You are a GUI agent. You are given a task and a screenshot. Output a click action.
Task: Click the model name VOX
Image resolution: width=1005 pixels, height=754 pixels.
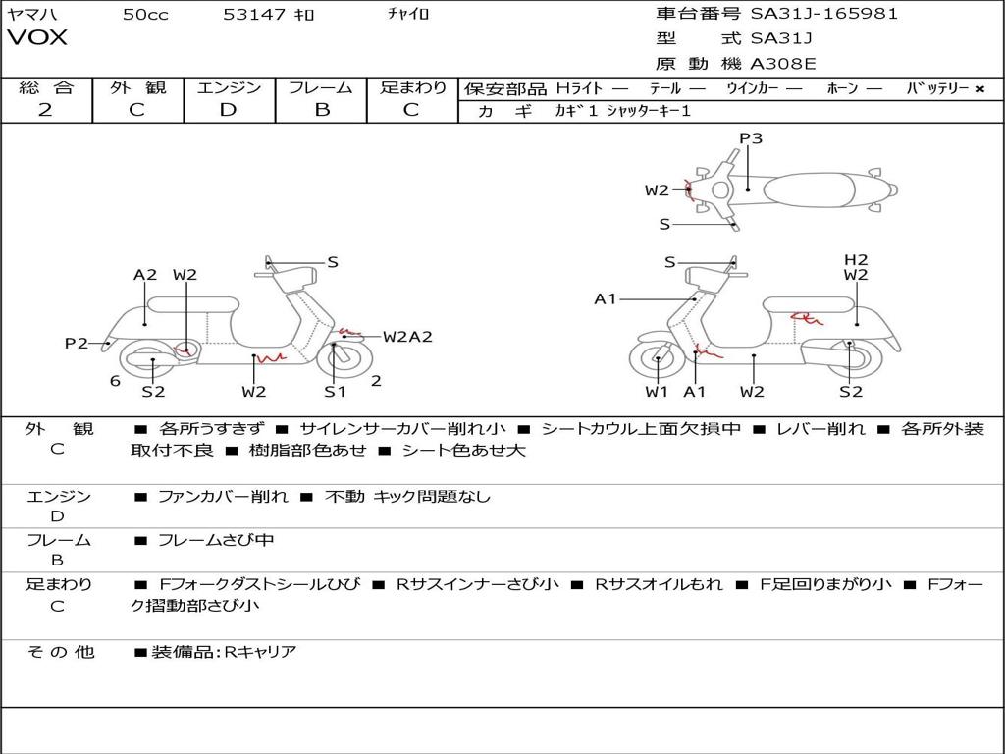(x=37, y=38)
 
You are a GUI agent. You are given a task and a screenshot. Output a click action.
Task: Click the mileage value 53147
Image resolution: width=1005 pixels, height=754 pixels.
(x=254, y=14)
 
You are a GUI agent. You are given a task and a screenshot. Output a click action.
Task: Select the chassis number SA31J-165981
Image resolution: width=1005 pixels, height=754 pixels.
(x=824, y=14)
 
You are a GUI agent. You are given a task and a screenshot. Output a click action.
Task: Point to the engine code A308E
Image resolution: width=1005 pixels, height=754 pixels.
(x=782, y=65)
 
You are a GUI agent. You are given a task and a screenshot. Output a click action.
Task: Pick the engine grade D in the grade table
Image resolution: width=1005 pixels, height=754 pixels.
(x=228, y=110)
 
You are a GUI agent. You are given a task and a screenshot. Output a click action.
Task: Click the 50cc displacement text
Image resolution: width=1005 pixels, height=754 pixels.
(x=145, y=14)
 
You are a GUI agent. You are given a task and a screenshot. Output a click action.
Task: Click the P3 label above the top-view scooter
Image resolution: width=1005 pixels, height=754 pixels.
(x=751, y=138)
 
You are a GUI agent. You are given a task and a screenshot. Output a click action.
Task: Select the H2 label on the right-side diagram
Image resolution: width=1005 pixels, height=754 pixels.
(x=856, y=260)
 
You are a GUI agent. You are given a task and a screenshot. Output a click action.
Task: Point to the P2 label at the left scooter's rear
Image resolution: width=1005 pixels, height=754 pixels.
(x=77, y=343)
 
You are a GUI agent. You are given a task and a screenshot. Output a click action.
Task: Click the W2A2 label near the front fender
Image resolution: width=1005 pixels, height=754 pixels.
(x=407, y=337)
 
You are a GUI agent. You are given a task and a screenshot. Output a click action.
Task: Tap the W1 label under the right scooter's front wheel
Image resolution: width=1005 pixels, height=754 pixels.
(x=657, y=392)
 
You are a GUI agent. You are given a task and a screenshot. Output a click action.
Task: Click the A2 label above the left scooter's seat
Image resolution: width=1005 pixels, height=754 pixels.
(x=145, y=275)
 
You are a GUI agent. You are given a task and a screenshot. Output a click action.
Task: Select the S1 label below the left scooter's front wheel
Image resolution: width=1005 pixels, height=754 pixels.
(x=336, y=392)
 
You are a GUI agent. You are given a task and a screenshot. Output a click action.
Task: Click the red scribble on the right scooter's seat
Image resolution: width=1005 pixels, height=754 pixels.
(x=808, y=317)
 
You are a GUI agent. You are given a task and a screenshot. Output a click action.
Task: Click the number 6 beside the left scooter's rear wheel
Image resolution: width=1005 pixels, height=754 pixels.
(x=115, y=381)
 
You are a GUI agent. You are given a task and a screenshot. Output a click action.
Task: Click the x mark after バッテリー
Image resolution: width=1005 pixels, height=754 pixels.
(x=979, y=89)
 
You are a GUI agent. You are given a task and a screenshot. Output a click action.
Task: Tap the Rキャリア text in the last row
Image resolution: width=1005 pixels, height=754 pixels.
(x=260, y=651)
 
